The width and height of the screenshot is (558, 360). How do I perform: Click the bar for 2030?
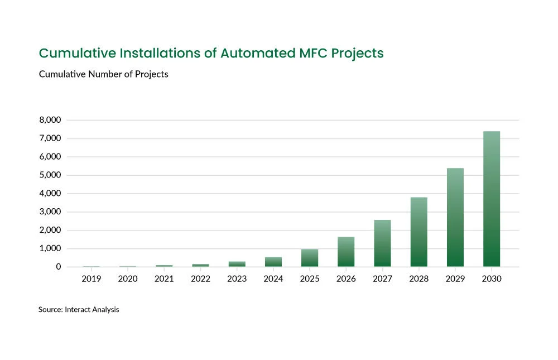click(491, 199)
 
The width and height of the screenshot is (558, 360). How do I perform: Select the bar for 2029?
click(455, 217)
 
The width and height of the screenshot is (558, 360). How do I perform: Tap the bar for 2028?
click(419, 232)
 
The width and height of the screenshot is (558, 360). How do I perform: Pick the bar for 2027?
click(382, 243)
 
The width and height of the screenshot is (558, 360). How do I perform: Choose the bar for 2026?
click(346, 252)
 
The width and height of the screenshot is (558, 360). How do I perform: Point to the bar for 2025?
click(310, 258)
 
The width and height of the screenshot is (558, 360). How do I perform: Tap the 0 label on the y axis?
click(57, 267)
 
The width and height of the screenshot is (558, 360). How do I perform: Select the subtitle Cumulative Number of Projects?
click(103, 74)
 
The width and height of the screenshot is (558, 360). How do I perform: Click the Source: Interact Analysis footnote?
click(79, 309)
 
